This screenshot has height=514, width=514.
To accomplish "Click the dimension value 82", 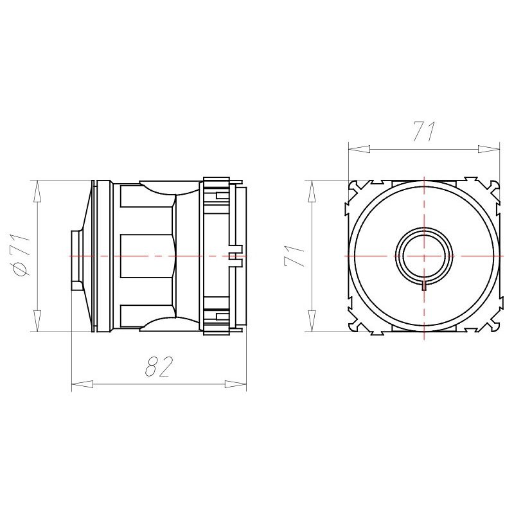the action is click(x=158, y=366).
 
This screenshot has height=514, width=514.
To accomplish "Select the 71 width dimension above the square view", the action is click(x=424, y=131).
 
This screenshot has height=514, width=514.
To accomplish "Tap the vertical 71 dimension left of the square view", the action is click(x=294, y=256).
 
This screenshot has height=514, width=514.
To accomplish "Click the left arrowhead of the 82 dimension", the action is click(x=82, y=384).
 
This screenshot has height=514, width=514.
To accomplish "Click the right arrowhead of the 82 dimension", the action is click(x=235, y=384).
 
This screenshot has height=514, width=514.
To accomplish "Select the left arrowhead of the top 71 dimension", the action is click(x=359, y=149).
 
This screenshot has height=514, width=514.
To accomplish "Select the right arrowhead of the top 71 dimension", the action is click(x=489, y=149).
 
